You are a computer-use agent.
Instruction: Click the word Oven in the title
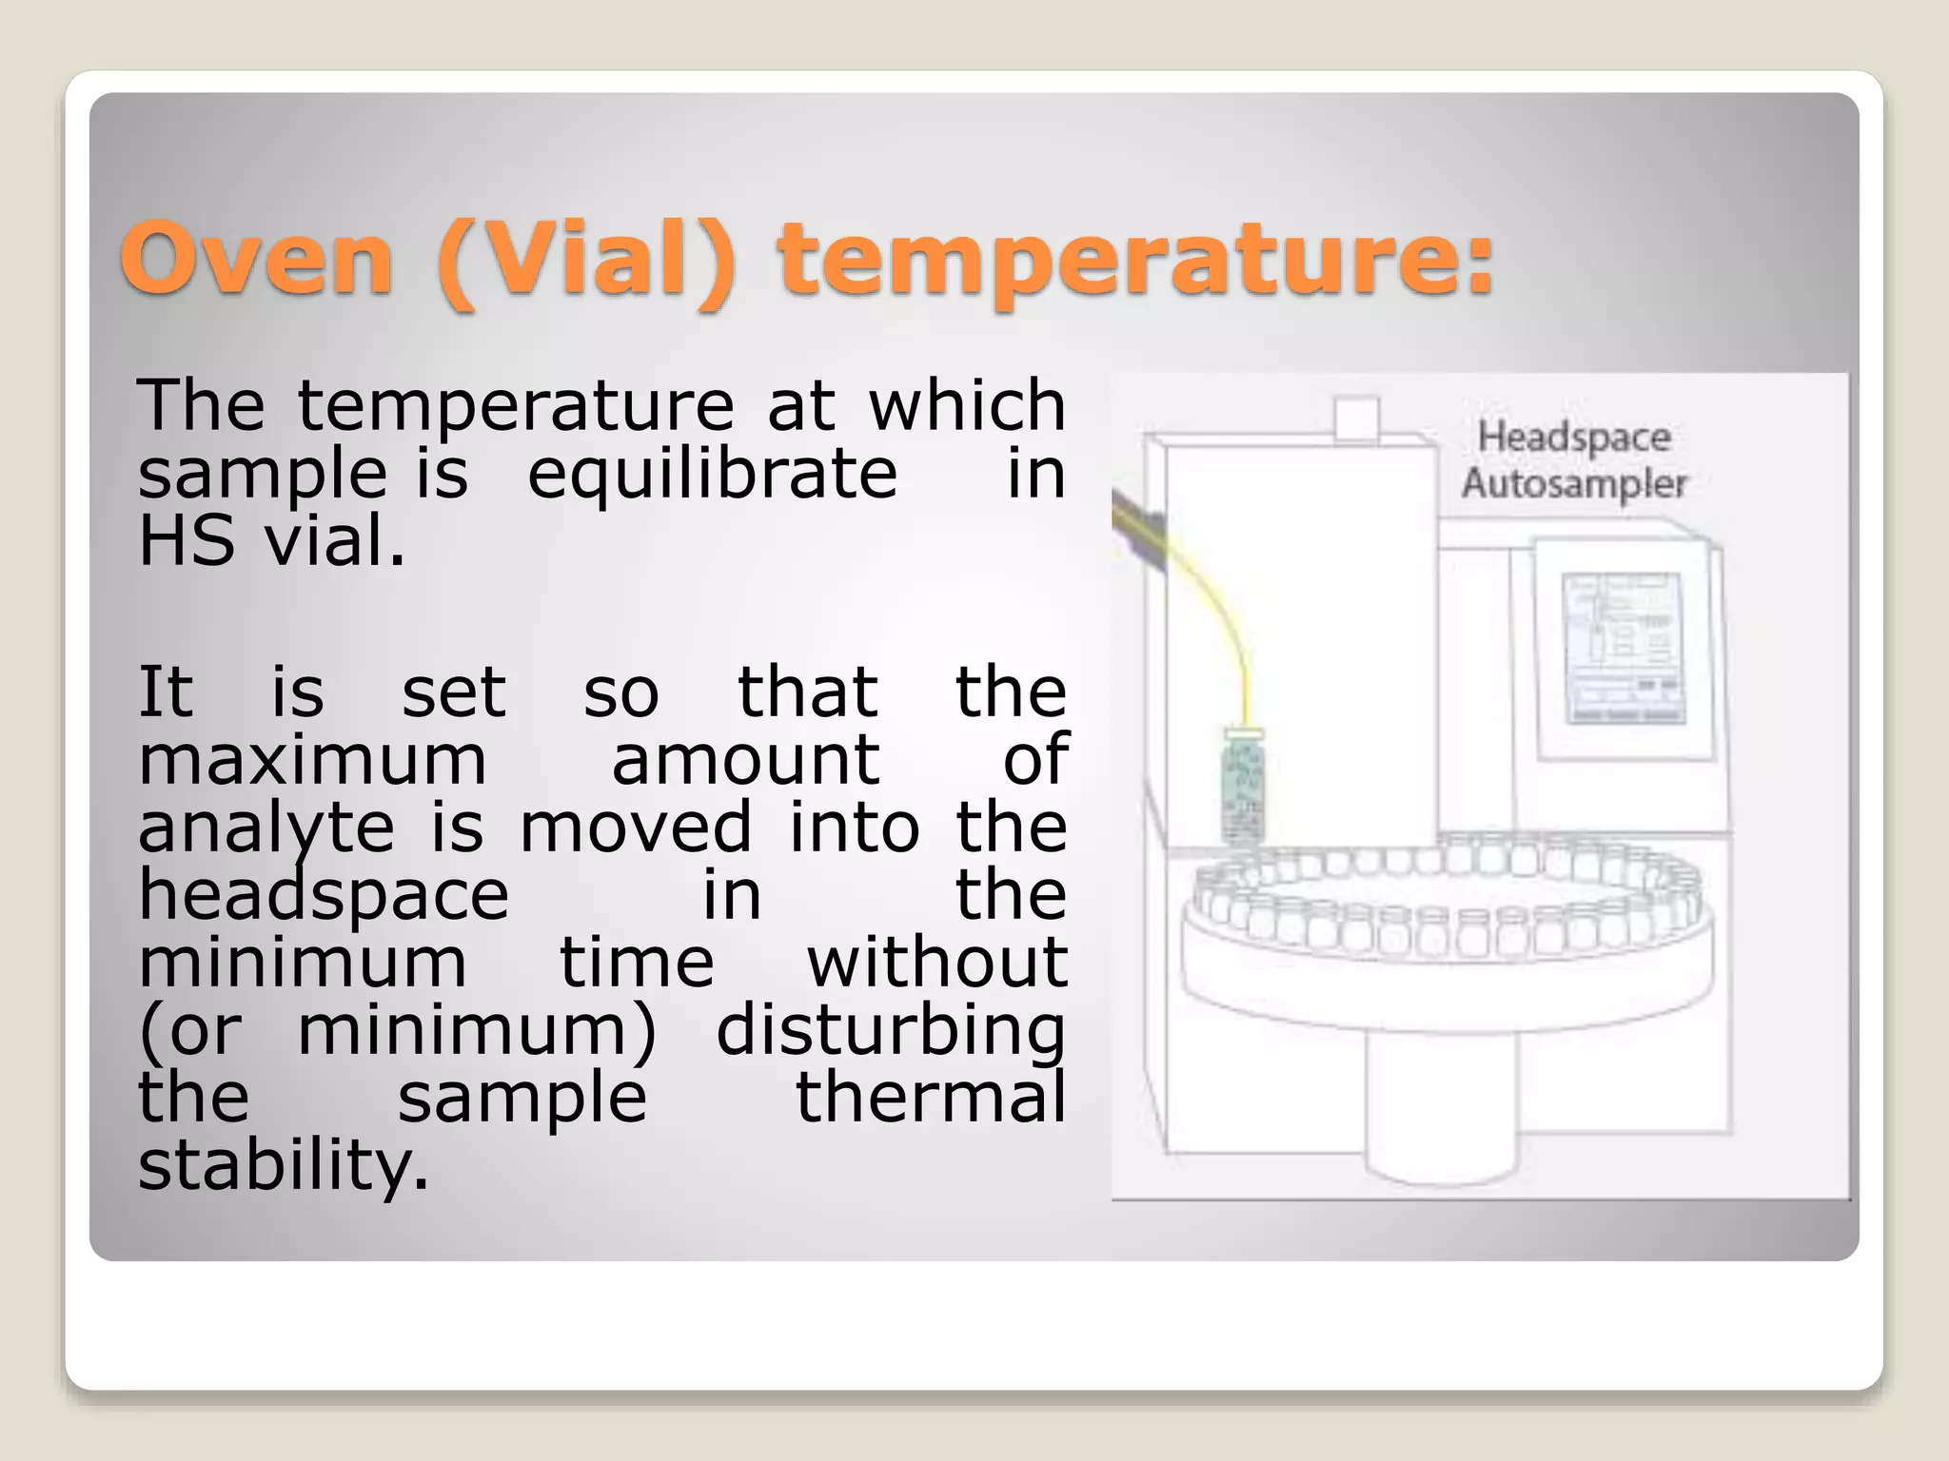coord(256,260)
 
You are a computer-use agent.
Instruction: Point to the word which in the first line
coord(966,405)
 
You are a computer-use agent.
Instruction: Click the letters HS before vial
coord(187,540)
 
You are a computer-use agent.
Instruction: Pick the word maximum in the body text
coord(312,760)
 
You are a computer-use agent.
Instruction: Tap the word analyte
coord(266,828)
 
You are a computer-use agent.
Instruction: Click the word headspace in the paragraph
coord(324,896)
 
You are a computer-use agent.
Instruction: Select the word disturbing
coord(890,1031)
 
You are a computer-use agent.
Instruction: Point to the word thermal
coord(930,1098)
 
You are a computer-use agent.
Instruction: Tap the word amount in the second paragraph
coord(745,760)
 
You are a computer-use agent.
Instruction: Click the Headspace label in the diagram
coord(1574,438)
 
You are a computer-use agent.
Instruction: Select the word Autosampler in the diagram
coord(1574,483)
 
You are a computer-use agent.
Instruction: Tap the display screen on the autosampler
coord(1621,647)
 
